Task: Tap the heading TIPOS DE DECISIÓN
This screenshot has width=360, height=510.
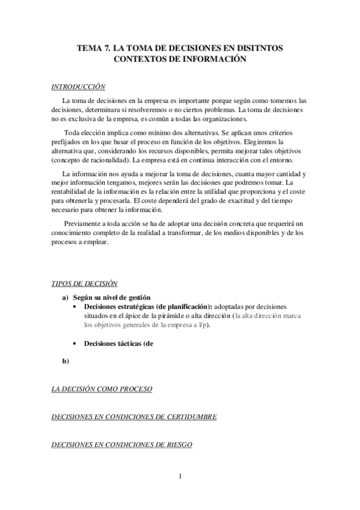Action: pos(84,283)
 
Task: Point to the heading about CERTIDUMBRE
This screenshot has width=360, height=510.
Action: pos(133,417)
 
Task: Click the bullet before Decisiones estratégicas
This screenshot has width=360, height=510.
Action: pos(74,306)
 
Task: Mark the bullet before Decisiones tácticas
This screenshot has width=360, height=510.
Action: pos(74,343)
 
